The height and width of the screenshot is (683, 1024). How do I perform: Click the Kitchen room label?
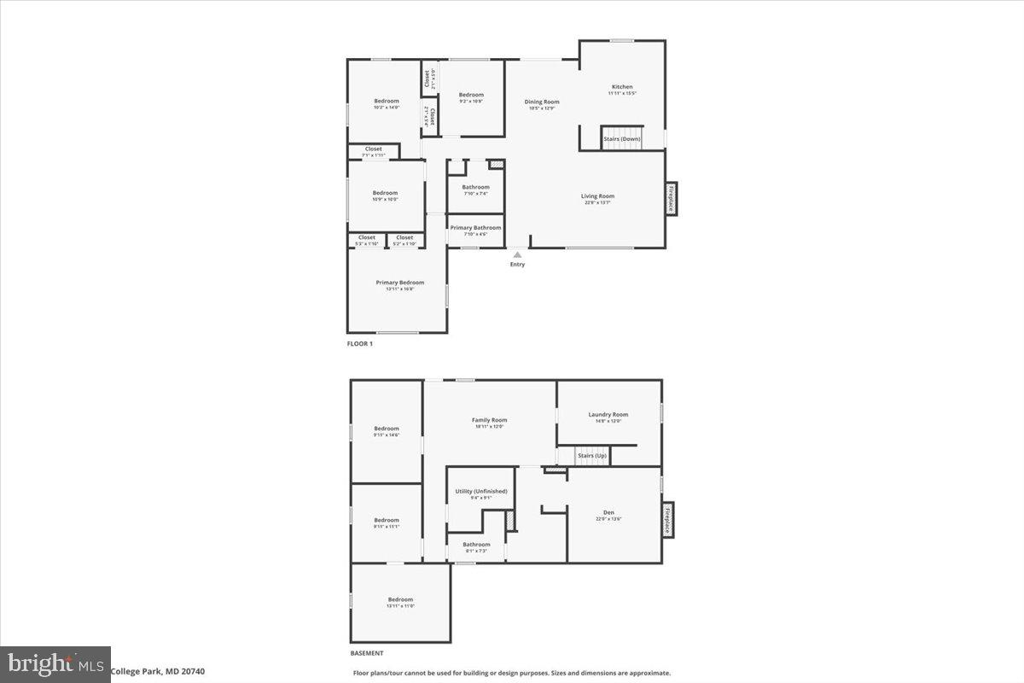pos(622,87)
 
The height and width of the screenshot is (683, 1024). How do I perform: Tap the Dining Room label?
pos(542,102)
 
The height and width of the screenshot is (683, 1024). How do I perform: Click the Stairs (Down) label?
pos(622,138)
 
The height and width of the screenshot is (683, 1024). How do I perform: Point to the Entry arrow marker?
pos(517,254)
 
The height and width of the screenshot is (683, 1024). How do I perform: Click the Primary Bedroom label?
pos(399,283)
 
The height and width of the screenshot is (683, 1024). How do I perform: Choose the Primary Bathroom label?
pos(475,228)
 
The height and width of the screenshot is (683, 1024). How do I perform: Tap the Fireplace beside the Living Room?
pos(672,198)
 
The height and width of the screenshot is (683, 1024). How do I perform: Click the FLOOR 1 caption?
pos(359,344)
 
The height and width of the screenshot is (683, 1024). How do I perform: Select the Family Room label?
pos(490,420)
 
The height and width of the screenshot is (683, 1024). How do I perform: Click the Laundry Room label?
pos(608,415)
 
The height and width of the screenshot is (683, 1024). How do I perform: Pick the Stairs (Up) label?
pos(592,456)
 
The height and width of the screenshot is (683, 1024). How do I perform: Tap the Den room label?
pos(608,513)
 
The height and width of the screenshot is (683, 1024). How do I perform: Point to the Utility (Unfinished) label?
pos(481,492)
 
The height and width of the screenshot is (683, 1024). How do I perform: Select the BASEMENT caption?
pos(367,653)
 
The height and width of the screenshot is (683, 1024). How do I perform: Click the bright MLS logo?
pos(55,663)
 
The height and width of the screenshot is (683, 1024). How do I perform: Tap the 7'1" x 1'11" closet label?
pos(374,149)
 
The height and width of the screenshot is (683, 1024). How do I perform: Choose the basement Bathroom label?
pos(476,545)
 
